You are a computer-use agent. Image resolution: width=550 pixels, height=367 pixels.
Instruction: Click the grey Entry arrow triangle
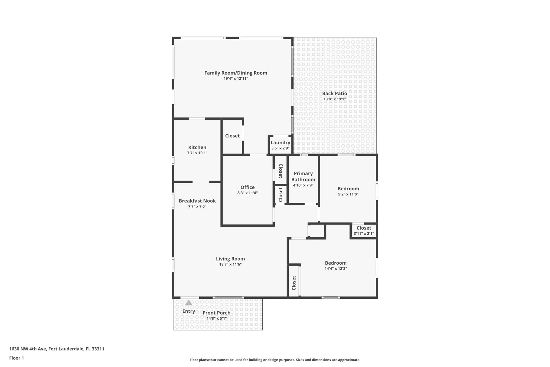tap(189, 303)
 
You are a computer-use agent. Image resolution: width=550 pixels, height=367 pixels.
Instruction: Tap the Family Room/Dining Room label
tap(236, 73)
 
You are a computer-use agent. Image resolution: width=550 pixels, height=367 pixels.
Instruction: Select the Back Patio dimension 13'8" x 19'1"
tap(334, 99)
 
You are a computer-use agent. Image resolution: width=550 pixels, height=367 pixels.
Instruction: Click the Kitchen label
tap(197, 147)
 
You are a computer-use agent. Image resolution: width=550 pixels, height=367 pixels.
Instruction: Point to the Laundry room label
tap(280, 142)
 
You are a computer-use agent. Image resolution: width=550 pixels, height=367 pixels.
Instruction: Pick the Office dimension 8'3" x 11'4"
tap(247, 193)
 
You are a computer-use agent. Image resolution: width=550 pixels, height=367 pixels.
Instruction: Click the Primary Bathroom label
tap(303, 176)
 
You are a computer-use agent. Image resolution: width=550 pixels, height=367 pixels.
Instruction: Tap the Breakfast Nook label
tap(197, 201)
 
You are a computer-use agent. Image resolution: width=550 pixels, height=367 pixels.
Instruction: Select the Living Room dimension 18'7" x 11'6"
tap(230, 264)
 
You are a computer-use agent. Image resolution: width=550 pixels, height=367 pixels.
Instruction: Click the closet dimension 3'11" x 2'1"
tap(364, 233)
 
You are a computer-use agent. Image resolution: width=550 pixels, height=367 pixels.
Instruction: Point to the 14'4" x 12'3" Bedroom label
tap(336, 263)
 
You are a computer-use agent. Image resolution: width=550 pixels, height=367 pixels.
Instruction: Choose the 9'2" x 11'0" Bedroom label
tap(348, 189)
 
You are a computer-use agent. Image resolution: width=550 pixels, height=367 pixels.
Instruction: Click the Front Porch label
tap(216, 313)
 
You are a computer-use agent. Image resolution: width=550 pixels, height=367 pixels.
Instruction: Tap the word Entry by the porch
tap(189, 311)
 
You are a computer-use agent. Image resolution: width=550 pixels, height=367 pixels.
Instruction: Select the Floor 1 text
tap(16, 358)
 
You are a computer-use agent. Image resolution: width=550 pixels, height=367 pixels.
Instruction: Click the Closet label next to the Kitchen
tap(232, 136)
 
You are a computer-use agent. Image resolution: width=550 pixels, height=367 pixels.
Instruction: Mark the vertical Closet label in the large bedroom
tap(294, 283)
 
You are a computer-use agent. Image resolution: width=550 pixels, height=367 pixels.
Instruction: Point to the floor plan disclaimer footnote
tap(275, 360)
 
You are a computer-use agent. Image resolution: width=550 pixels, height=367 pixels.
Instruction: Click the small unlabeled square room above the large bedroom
tap(317, 231)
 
